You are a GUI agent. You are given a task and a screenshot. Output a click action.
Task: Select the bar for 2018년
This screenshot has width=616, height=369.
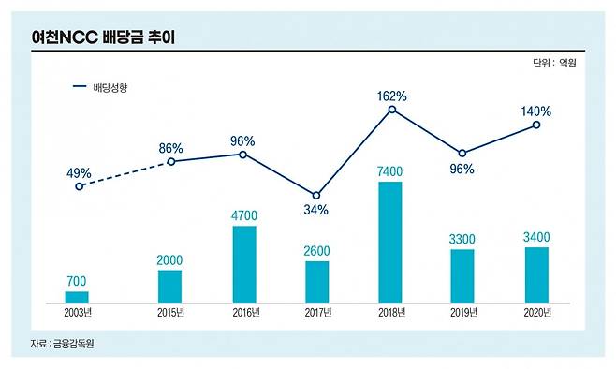pyautogui.click(x=390, y=242)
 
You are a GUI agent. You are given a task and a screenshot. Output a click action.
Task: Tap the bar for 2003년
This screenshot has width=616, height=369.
pyautogui.click(x=77, y=297)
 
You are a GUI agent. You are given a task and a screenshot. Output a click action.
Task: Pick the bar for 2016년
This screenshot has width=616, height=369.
pyautogui.click(x=243, y=264)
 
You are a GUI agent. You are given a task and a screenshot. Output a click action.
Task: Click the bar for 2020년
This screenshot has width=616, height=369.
pyautogui.click(x=536, y=274)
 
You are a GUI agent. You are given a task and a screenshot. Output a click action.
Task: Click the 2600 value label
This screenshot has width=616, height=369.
pyautogui.click(x=316, y=250)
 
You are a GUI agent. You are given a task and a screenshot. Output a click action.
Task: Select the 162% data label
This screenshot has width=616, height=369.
pyautogui.click(x=391, y=96)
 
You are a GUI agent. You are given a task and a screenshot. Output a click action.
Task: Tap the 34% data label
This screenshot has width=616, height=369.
pyautogui.click(x=316, y=210)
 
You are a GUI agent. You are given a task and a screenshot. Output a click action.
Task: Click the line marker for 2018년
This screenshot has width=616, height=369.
pyautogui.click(x=391, y=110)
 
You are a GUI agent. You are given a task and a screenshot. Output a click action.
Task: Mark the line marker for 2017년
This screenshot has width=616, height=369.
pyautogui.click(x=316, y=194)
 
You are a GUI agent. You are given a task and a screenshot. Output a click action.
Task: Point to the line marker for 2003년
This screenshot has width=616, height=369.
pyautogui.click(x=79, y=186)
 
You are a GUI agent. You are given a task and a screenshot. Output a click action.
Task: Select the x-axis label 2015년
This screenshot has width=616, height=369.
pyautogui.click(x=169, y=312)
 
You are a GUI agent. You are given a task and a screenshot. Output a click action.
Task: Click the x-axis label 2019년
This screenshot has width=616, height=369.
pyautogui.click(x=463, y=312)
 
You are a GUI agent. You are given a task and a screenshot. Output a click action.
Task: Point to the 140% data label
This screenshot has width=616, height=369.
pyautogui.click(x=536, y=111)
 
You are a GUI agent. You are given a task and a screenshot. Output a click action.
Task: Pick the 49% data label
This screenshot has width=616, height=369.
pyautogui.click(x=79, y=172)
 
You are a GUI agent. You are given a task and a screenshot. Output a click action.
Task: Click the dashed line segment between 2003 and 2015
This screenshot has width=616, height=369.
pyautogui.click(x=125, y=174)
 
